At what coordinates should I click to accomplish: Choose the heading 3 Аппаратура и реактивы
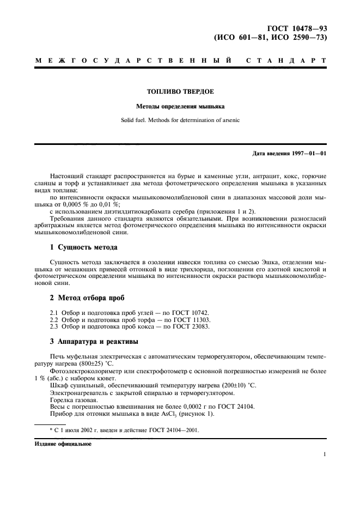94,342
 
